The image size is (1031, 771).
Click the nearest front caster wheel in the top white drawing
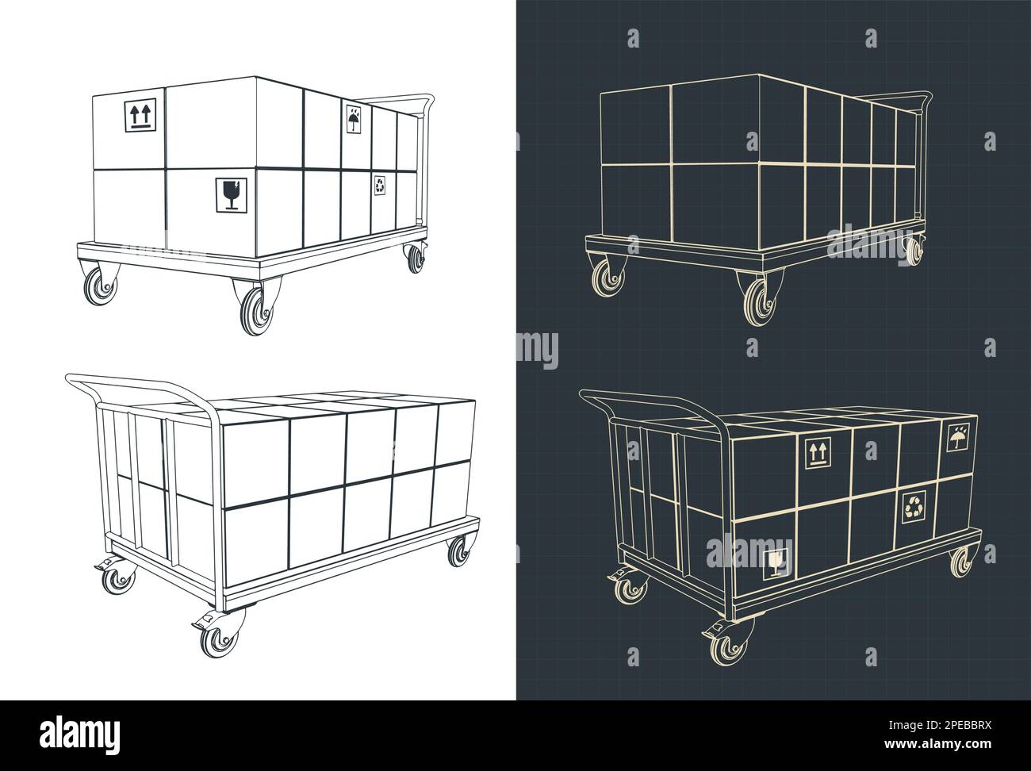(x=253, y=310)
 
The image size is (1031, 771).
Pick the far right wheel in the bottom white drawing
(x=458, y=552)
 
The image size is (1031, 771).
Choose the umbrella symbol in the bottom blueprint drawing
(x=958, y=438)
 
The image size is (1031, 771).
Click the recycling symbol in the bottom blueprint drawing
(x=915, y=508)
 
